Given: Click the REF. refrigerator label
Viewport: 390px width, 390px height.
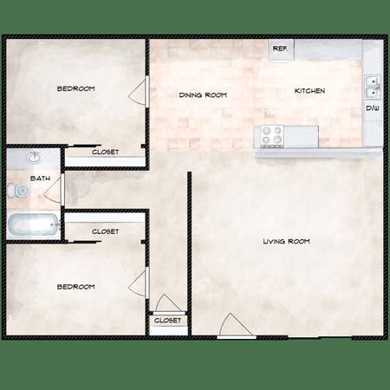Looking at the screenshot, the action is click(280, 49).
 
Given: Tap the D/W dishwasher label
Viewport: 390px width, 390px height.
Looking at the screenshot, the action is click(373, 108).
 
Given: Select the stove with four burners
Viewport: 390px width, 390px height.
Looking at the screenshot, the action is click(271, 136).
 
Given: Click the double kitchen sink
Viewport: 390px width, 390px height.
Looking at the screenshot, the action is click(373, 88).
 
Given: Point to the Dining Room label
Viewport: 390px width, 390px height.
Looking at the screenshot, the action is click(203, 95).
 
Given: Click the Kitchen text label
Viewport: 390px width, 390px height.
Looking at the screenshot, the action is click(309, 91).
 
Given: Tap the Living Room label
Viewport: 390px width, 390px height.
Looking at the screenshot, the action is click(286, 241).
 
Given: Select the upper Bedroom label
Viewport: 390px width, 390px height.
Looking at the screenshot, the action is click(76, 88).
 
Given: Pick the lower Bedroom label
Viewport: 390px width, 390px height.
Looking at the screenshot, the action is click(76, 287).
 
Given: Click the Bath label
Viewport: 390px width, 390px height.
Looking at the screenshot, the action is click(40, 179).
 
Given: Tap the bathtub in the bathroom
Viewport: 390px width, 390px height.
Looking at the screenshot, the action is click(34, 224).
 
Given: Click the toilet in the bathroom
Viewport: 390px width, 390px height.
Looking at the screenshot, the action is click(18, 191).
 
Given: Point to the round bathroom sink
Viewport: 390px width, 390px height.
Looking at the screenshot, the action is click(35, 158).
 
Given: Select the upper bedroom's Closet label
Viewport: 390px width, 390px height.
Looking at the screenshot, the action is click(105, 152).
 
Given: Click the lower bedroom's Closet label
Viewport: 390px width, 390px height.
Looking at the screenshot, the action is click(105, 231).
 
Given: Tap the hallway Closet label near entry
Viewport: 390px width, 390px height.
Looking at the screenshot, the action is click(167, 321).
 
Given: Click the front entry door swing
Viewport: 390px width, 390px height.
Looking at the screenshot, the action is click(237, 325).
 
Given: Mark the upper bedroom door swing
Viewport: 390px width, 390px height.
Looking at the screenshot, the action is click(139, 92).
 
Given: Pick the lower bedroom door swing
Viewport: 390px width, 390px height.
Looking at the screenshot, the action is click(139, 283).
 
